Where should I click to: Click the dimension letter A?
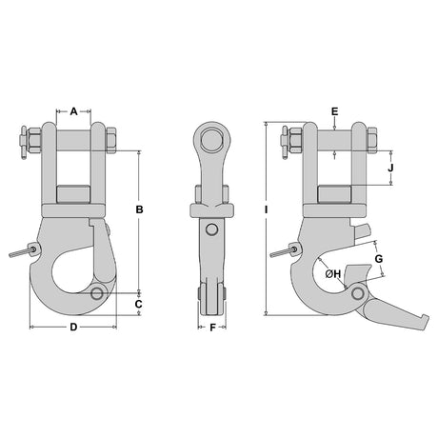[73, 111]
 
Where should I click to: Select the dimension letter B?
[139, 209]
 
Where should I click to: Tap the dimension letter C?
[139, 304]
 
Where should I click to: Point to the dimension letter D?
[73, 327]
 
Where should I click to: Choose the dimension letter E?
[335, 111]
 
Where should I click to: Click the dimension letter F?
[212, 328]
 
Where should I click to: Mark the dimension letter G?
[379, 259]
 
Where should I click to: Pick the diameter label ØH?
[333, 273]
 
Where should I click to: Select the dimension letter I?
[267, 209]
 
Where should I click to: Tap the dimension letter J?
[390, 168]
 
